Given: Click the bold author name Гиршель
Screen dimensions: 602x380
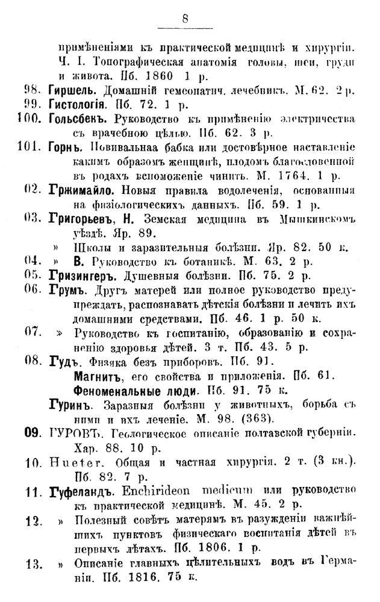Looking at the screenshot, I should click(x=71, y=91).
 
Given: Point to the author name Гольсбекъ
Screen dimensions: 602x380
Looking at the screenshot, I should click(x=78, y=117).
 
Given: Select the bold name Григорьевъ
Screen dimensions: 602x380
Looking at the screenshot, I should click(x=84, y=219).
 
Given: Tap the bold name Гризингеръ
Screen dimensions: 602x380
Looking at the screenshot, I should click(x=84, y=276).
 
